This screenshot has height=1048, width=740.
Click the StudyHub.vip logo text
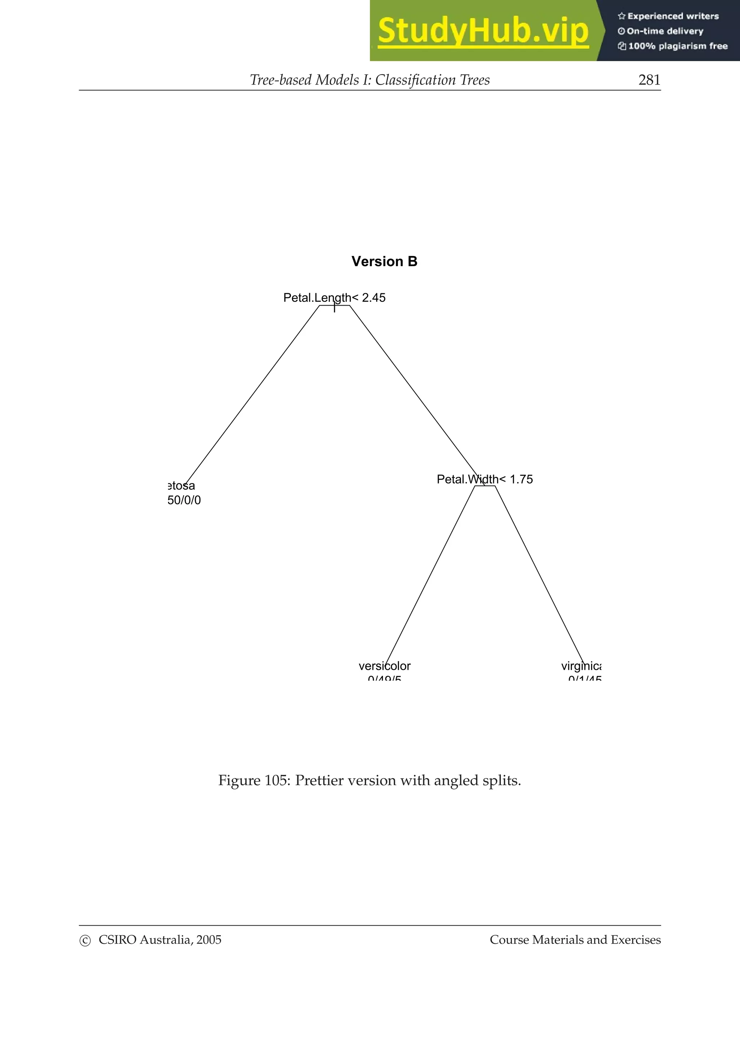click(x=483, y=31)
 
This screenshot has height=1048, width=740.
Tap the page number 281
click(x=649, y=80)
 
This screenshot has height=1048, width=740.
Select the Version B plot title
click(x=384, y=261)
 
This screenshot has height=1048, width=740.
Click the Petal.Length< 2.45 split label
click(x=334, y=298)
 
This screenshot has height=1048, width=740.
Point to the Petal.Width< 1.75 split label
click(x=484, y=479)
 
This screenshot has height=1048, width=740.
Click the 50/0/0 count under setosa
click(x=184, y=500)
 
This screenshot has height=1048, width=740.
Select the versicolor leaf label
click(x=384, y=666)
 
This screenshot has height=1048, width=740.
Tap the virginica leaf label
click(x=581, y=666)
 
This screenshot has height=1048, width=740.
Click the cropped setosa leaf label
click(x=181, y=486)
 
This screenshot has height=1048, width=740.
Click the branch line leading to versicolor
click(x=430, y=575)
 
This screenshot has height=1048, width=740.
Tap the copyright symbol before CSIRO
click(x=85, y=940)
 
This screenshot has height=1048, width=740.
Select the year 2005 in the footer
click(x=209, y=940)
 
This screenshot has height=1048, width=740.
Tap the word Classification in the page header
click(x=416, y=80)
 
